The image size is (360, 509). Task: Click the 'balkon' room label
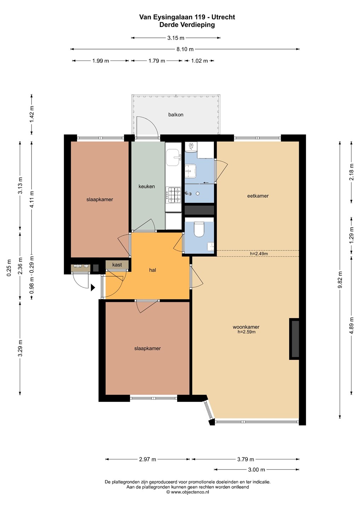[176, 115]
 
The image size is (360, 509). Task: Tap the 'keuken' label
[147, 186]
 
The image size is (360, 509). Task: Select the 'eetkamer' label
[258, 196]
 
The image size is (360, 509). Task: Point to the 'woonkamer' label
[246, 327]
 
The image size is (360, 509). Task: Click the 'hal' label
[152, 270]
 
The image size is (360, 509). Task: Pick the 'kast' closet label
[117, 265]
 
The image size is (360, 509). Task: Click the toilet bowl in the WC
[199, 229]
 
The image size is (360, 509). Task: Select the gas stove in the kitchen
[174, 195]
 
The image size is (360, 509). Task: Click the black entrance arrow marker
[93, 287]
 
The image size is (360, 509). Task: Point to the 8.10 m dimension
[185, 49]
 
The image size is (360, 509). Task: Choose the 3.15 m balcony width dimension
[176, 38]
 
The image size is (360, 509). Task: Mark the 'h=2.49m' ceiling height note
[259, 253]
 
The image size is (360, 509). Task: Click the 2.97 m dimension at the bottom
[147, 459]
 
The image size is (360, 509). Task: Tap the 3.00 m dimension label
[256, 469]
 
